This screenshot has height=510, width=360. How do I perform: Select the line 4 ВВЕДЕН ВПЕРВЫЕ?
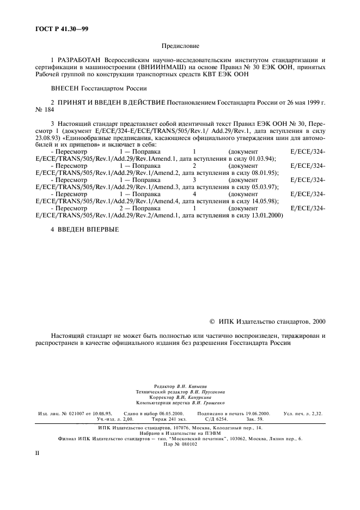pyautogui.click(x=84, y=229)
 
